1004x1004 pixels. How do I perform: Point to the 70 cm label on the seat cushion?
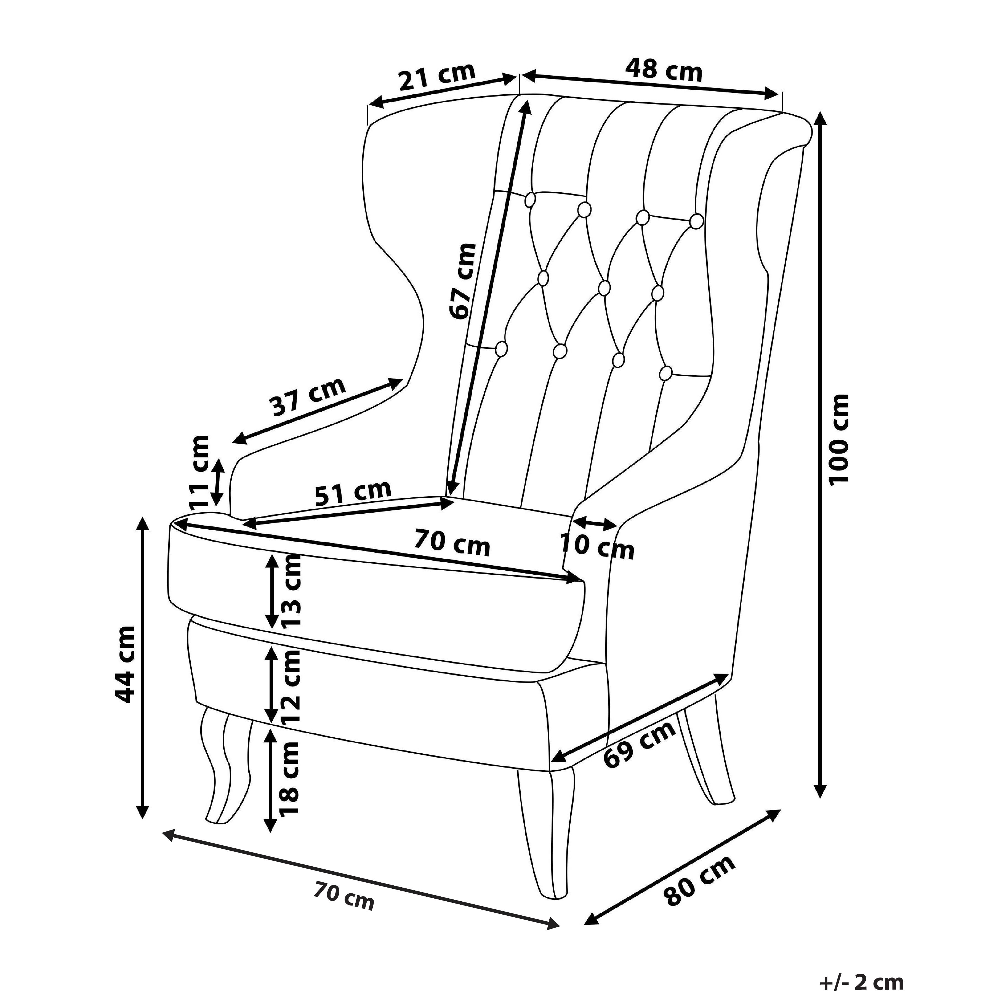452,543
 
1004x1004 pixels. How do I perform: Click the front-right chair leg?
546,842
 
